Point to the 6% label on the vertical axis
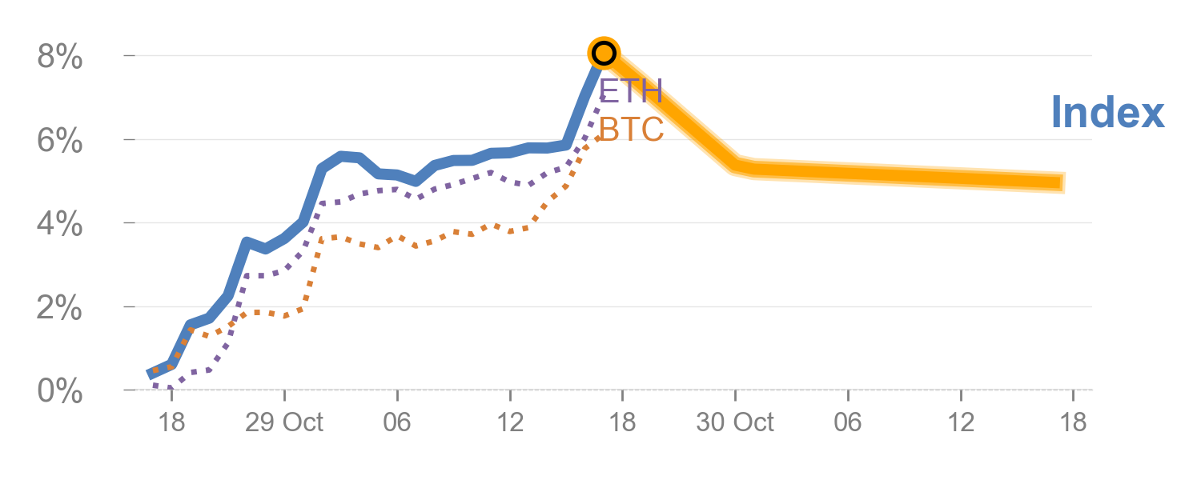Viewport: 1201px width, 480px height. pyautogui.click(x=60, y=141)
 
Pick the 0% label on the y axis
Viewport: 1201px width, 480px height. pyautogui.click(x=60, y=391)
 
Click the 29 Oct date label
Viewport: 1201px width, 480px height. pyautogui.click(x=284, y=422)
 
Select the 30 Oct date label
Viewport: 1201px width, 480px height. pyautogui.click(x=735, y=422)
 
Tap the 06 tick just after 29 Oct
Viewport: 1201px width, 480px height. pyautogui.click(x=397, y=422)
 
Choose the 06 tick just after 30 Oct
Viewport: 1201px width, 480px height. pyautogui.click(x=848, y=422)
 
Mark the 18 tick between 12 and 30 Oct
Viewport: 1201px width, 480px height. pyautogui.click(x=622, y=422)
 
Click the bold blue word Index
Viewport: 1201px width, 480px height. pyautogui.click(x=1107, y=112)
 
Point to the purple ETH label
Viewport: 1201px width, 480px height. pyautogui.click(x=632, y=91)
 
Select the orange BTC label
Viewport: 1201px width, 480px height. pyautogui.click(x=632, y=129)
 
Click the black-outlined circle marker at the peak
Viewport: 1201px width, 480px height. pyautogui.click(x=604, y=54)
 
